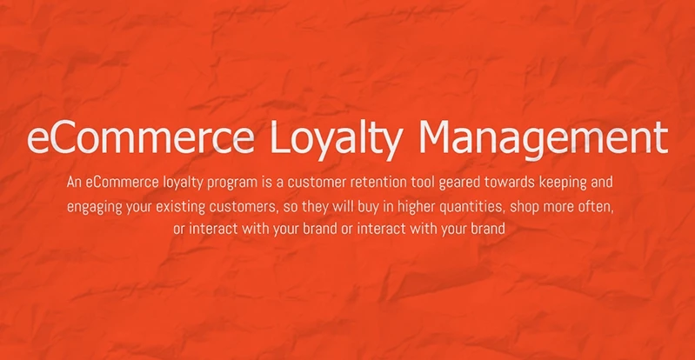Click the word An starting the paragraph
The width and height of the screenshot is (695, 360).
click(x=74, y=183)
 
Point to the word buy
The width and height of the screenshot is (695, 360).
click(x=365, y=208)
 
